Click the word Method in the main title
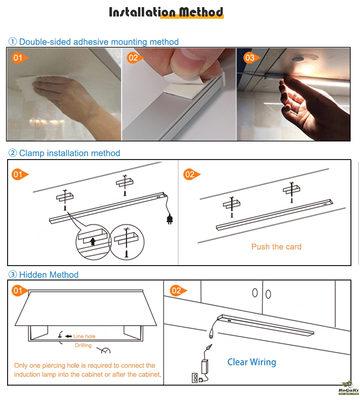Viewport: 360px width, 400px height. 201,12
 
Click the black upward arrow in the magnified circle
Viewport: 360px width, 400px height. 93,241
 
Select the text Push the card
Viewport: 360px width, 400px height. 276,247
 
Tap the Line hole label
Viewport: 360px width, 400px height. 84,336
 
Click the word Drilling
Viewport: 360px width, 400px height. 83,345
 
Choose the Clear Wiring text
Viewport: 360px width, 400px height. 252,362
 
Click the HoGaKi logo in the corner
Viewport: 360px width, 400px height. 348,388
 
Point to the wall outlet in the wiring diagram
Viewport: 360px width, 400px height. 195,378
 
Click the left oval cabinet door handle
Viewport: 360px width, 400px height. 255,293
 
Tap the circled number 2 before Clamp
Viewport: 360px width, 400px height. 12,153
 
